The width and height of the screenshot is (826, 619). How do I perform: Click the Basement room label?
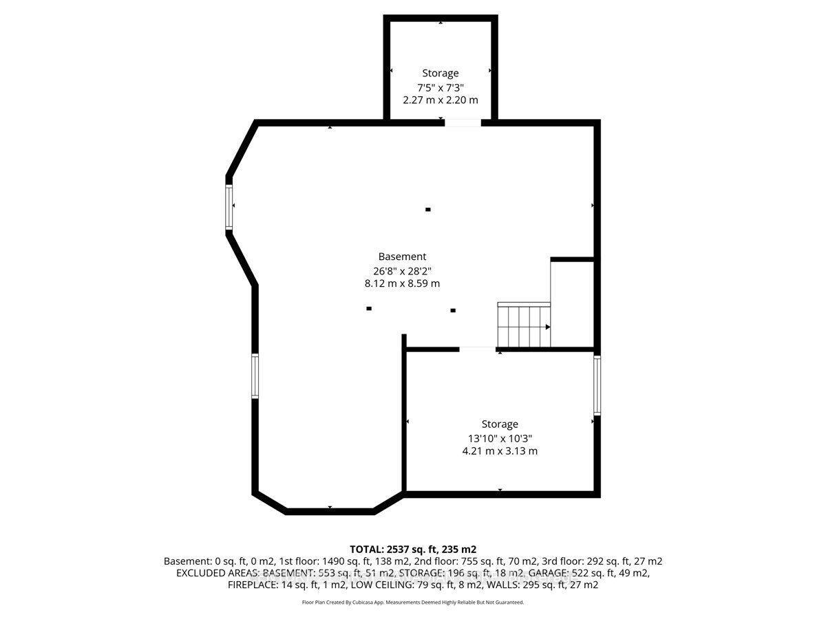tap(402, 257)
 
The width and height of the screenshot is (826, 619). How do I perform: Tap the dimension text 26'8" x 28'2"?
tap(402, 270)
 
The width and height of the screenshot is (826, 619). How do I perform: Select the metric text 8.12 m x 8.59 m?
tap(402, 283)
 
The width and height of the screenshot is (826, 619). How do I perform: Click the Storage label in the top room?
tap(441, 73)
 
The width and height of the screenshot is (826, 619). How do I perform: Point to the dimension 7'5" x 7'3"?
tap(441, 87)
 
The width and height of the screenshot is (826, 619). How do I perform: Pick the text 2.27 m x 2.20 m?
tap(441, 100)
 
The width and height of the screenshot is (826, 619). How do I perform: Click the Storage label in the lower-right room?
tap(500, 424)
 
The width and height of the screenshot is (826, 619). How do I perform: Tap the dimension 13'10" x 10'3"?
tap(500, 438)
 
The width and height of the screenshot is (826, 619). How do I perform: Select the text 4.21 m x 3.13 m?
tap(500, 451)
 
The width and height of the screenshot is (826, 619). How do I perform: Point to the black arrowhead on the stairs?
tap(548, 327)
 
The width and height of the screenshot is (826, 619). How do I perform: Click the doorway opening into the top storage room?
tap(462, 123)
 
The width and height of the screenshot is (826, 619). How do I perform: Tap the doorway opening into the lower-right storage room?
tap(477, 349)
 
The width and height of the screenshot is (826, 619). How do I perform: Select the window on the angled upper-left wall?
tap(229, 206)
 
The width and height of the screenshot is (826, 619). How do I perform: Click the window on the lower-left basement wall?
tap(255, 376)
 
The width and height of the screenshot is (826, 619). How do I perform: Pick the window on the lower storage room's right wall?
tap(597, 385)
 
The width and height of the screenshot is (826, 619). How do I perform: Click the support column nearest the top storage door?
tap(428, 209)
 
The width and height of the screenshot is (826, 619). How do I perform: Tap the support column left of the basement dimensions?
tap(369, 308)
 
